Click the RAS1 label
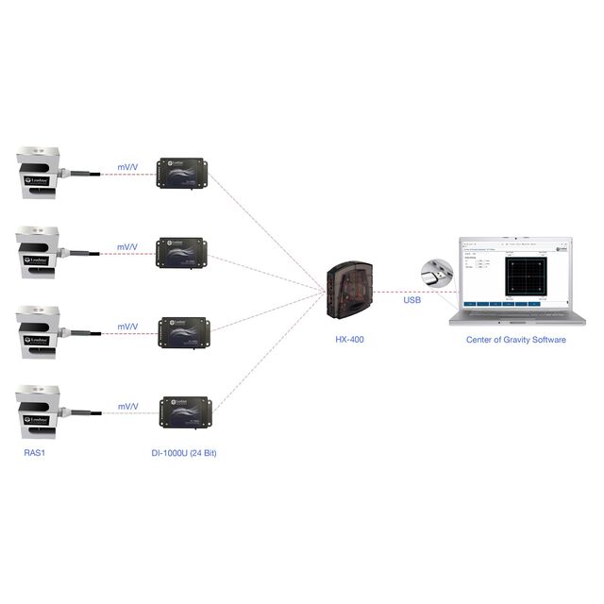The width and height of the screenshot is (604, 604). [34, 452]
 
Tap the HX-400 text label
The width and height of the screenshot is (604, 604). [348, 339]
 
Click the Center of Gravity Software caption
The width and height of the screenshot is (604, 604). [516, 339]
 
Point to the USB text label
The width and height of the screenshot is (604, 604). [412, 300]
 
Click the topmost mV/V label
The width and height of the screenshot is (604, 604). [127, 166]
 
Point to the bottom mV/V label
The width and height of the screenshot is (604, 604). [127, 406]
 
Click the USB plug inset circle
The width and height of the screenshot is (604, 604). [437, 274]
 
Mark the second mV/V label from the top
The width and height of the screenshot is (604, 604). [127, 246]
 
